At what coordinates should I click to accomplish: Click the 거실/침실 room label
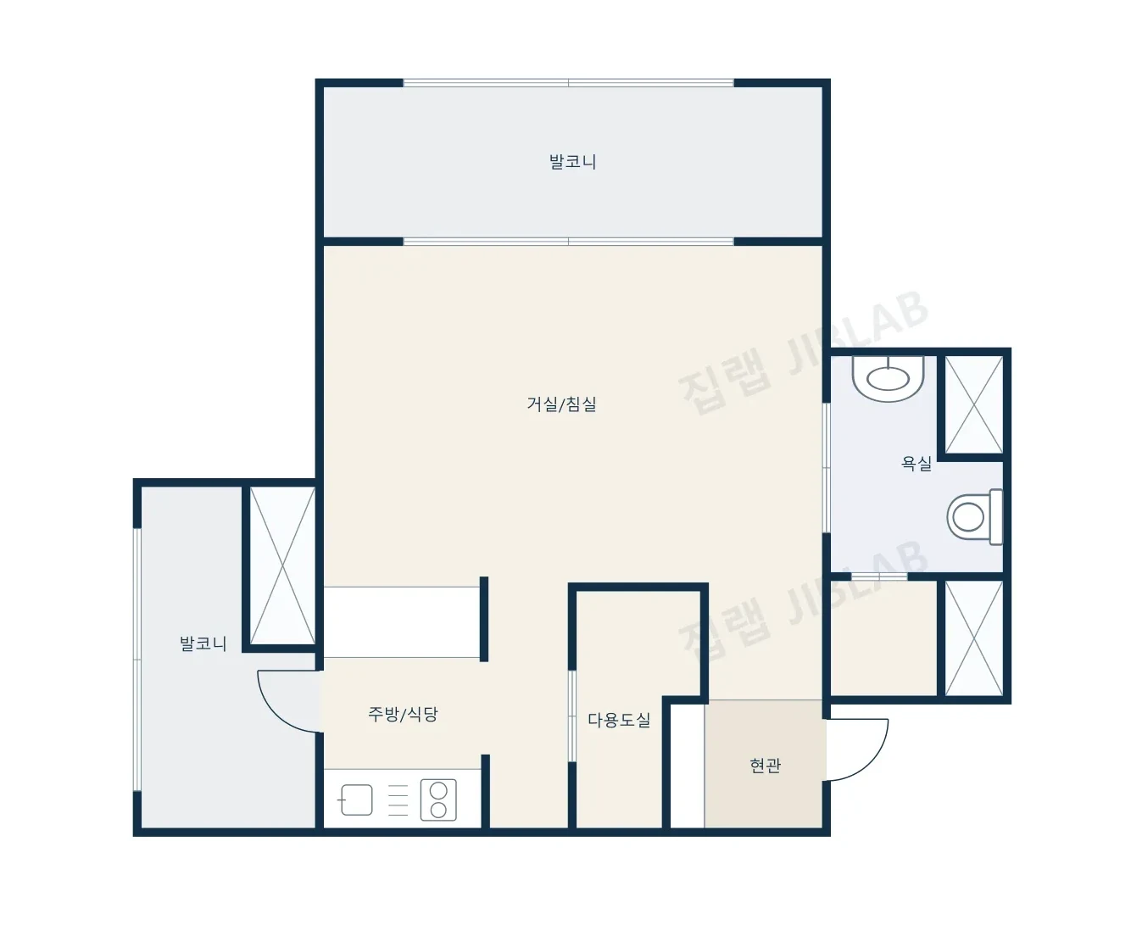click(x=562, y=404)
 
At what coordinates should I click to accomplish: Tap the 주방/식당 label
click(x=403, y=714)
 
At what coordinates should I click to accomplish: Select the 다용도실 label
click(x=619, y=720)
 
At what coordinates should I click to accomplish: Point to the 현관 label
click(x=765, y=766)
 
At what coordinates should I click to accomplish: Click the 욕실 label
click(x=916, y=463)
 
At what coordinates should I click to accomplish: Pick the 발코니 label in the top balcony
click(x=572, y=161)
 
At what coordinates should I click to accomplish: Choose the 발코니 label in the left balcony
click(x=203, y=643)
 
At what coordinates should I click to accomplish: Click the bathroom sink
click(x=888, y=378)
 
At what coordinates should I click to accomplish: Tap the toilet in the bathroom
click(x=975, y=517)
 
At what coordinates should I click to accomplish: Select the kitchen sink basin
click(x=356, y=799)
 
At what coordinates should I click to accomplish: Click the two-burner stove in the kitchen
click(x=438, y=799)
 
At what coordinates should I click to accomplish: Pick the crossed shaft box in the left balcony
click(x=282, y=565)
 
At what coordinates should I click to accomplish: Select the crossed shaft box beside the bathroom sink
click(x=974, y=404)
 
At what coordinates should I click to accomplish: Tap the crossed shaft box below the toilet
click(x=974, y=638)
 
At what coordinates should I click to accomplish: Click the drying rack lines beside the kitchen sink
click(x=398, y=799)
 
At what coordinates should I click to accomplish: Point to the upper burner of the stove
click(x=438, y=790)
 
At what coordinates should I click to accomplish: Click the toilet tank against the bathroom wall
click(x=996, y=517)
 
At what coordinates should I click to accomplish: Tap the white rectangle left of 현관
click(x=688, y=766)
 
